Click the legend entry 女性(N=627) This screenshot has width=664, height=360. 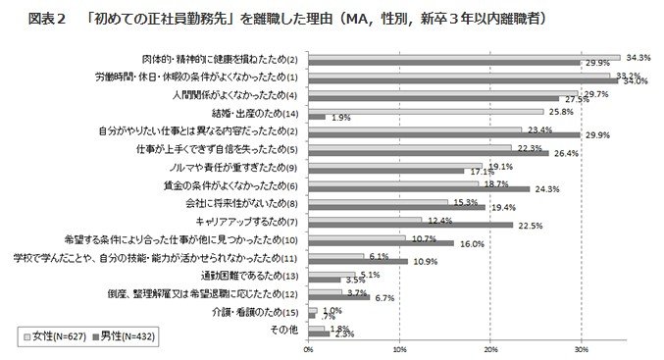pos(49,335)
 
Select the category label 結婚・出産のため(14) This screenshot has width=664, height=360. pos(249,113)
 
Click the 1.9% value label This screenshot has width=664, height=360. pos(341,118)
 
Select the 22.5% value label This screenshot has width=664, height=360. pos(530,227)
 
